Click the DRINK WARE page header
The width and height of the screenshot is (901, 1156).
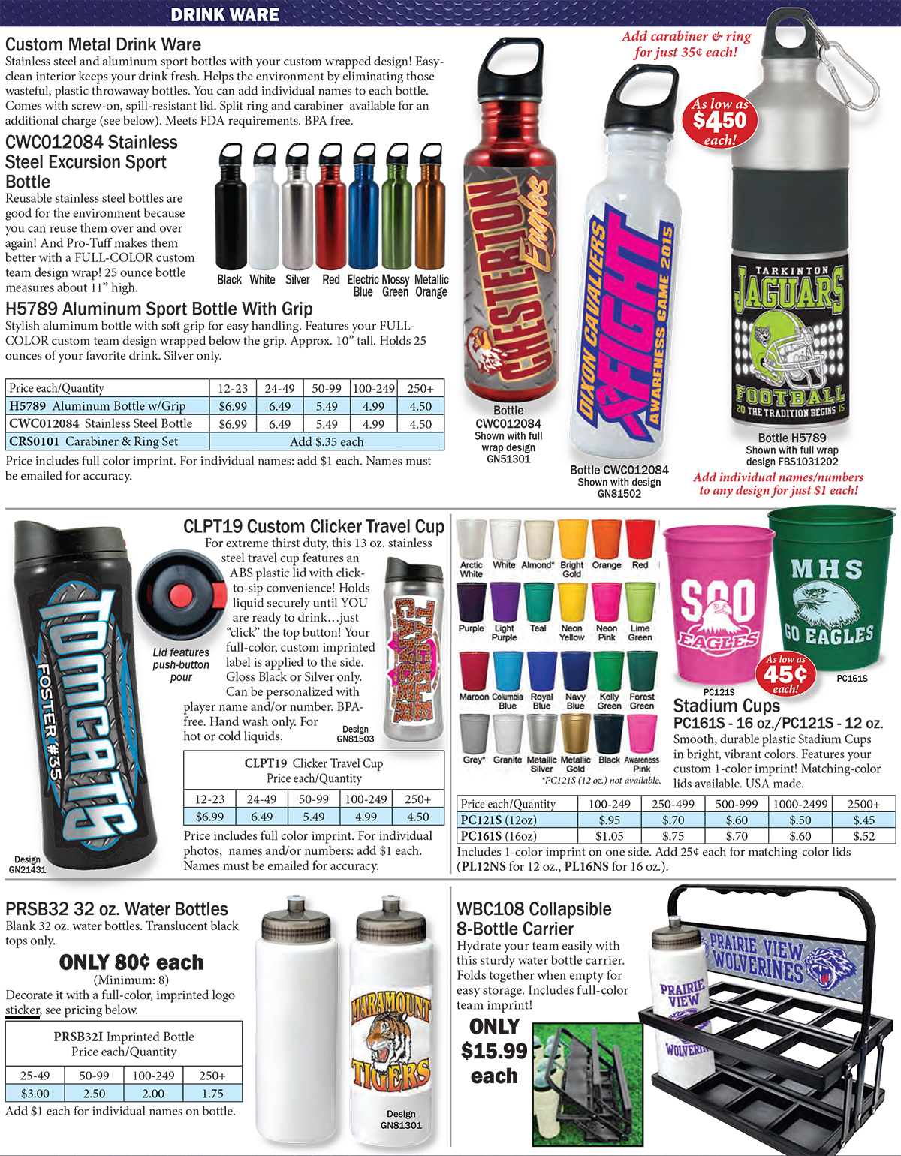[224, 14]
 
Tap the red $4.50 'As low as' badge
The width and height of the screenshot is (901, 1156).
[720, 121]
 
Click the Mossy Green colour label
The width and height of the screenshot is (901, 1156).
[396, 285]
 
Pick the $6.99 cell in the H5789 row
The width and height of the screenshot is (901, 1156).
[233, 406]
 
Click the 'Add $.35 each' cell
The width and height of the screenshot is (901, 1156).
[327, 441]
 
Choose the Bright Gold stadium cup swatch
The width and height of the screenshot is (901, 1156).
[572, 538]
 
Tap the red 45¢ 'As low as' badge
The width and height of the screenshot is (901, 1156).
[785, 674]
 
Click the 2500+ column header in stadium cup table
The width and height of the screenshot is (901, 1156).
[863, 804]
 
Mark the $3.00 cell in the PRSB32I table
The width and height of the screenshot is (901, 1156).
[35, 1094]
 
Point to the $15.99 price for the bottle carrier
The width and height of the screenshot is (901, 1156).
[494, 1051]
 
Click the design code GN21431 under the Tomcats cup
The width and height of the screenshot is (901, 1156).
[27, 865]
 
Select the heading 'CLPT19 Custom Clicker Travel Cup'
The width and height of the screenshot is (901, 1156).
[313, 526]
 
